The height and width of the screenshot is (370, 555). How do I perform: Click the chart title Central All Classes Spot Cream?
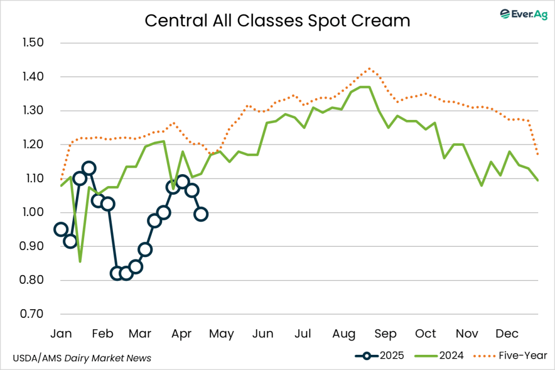[x=277, y=21]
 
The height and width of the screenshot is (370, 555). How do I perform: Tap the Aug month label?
[x=344, y=333]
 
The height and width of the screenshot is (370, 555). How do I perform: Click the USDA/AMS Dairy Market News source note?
[x=81, y=358]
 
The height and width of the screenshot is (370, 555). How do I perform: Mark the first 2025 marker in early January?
[x=61, y=229]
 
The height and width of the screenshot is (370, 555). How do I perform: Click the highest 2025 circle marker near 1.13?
[x=89, y=168]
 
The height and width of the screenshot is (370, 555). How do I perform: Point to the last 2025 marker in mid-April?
[x=201, y=214]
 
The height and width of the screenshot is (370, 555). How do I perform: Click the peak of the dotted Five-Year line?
[x=369, y=68]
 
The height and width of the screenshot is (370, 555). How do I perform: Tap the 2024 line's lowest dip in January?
[x=80, y=261]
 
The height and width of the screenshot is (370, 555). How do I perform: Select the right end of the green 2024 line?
[x=538, y=180]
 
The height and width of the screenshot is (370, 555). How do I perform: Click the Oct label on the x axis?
[x=426, y=333]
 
